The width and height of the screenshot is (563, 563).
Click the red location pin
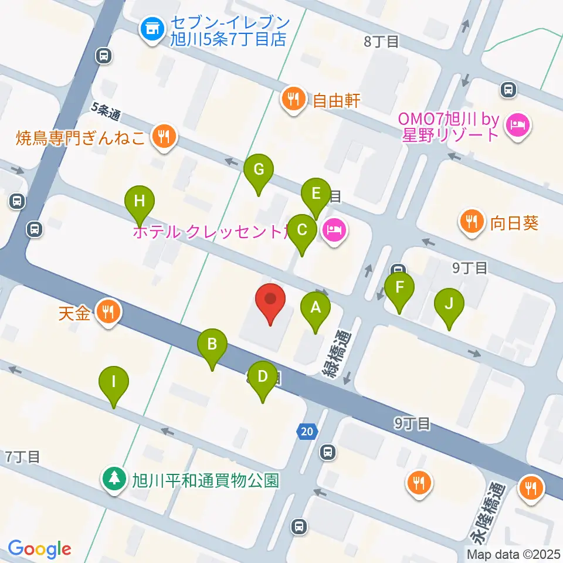(270, 300)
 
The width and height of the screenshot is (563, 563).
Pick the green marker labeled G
(259, 171)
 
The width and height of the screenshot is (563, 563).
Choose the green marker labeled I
(113, 383)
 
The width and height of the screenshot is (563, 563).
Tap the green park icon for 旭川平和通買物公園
(114, 479)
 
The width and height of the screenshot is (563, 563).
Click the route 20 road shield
(307, 432)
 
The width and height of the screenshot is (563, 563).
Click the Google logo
(39, 548)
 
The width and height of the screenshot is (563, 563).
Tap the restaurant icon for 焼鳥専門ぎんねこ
(162, 137)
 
